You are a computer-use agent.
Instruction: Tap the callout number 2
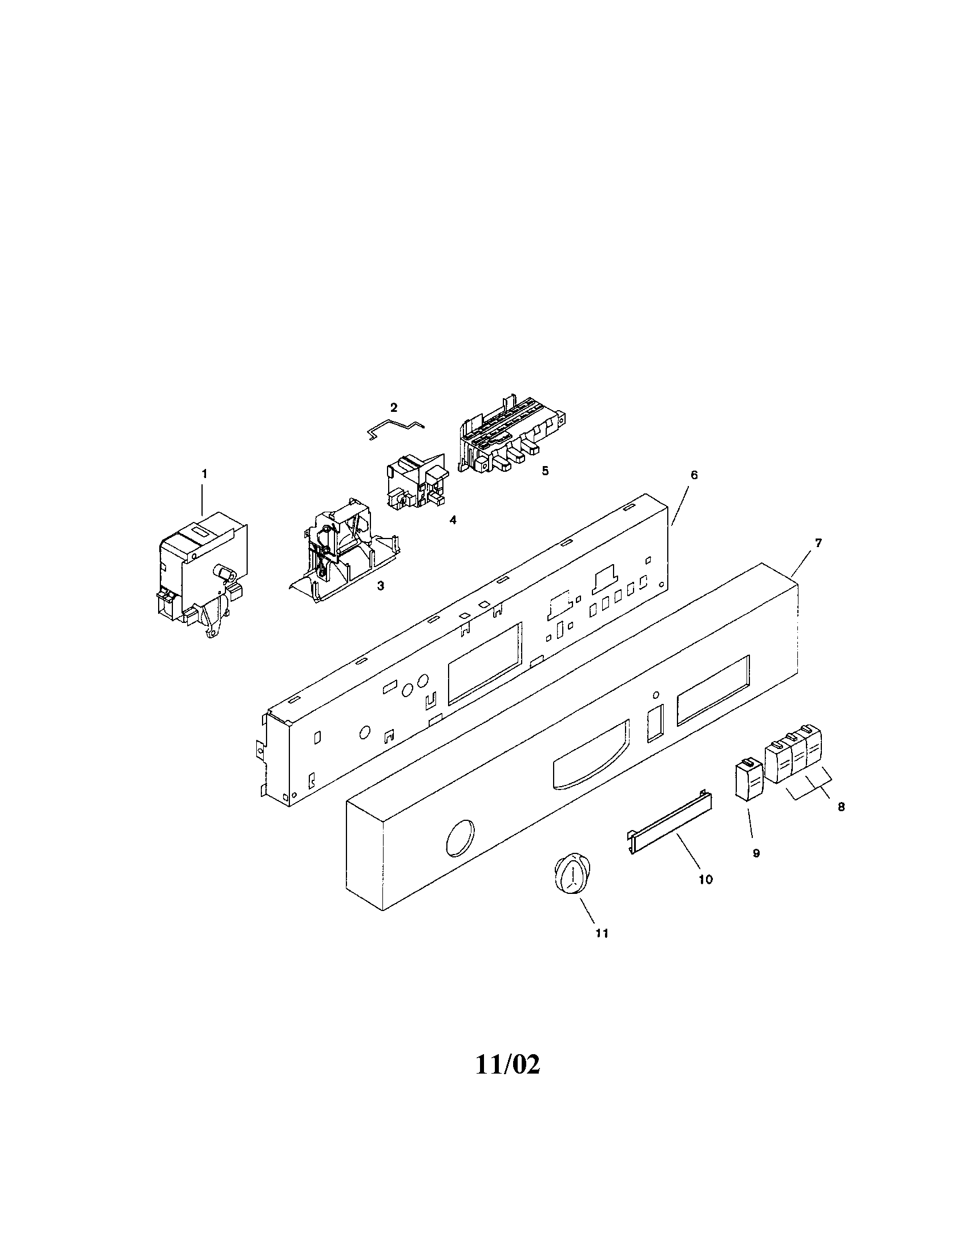click(x=394, y=407)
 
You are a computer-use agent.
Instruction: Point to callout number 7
click(x=818, y=543)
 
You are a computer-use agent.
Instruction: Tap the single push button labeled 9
click(x=749, y=779)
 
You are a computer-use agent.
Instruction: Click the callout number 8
click(x=841, y=807)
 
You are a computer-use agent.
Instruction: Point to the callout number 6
click(x=694, y=475)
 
